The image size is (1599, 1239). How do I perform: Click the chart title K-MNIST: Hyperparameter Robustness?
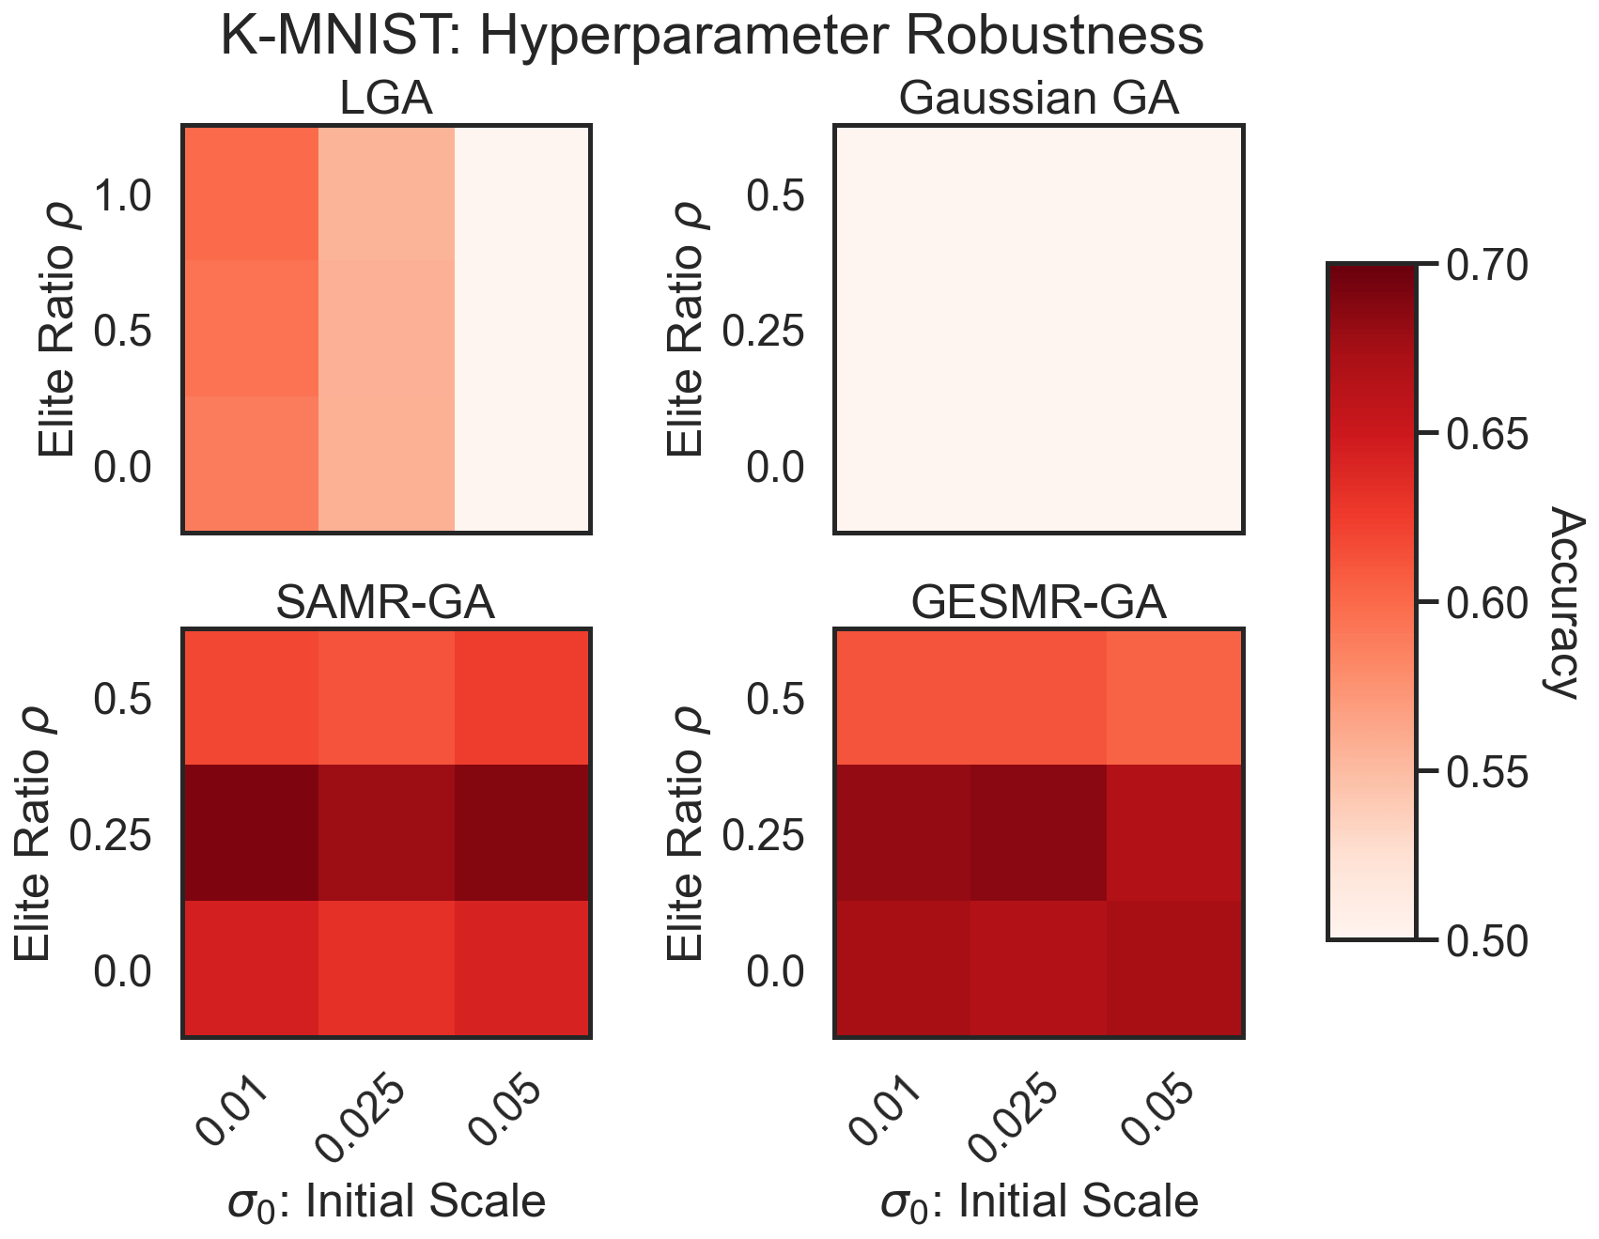(x=711, y=38)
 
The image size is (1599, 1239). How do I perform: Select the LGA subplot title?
(x=386, y=100)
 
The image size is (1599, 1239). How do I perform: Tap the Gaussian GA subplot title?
(x=1038, y=100)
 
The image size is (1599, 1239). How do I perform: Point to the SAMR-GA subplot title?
(x=386, y=604)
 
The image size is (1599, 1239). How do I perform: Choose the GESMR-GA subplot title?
(x=1038, y=604)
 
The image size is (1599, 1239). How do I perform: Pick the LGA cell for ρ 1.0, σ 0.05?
(x=522, y=194)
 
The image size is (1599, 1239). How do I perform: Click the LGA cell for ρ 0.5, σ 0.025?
(x=386, y=329)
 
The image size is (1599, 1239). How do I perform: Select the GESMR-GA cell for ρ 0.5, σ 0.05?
(x=1174, y=698)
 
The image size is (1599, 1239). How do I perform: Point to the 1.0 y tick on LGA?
(x=123, y=196)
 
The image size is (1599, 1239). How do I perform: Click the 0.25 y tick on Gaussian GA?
(x=764, y=332)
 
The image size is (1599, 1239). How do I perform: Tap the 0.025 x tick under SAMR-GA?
(x=363, y=1119)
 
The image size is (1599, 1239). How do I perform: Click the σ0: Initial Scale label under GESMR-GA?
(x=1038, y=1201)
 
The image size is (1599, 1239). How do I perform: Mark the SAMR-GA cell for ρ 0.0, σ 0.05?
(x=522, y=968)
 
